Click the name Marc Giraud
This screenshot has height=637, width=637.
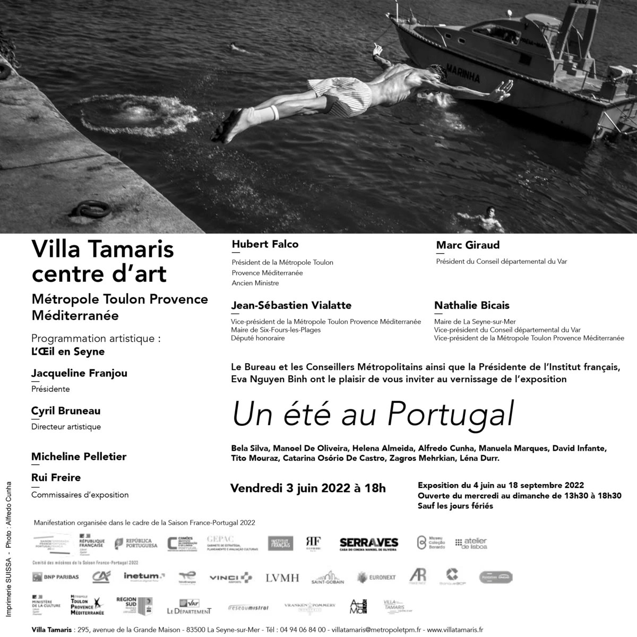[x=468, y=245]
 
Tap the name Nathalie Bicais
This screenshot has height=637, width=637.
[x=471, y=305]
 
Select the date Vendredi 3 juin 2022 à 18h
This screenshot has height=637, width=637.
[x=308, y=488]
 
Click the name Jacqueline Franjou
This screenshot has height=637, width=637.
[x=79, y=373]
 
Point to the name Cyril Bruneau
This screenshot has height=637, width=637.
[x=66, y=411]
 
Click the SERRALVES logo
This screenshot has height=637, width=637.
[x=368, y=543]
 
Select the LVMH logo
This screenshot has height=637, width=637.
[x=282, y=578]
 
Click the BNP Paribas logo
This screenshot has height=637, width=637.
[x=56, y=577]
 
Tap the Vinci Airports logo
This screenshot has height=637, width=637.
[x=230, y=578]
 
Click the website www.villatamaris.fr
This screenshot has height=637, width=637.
[x=455, y=630]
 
